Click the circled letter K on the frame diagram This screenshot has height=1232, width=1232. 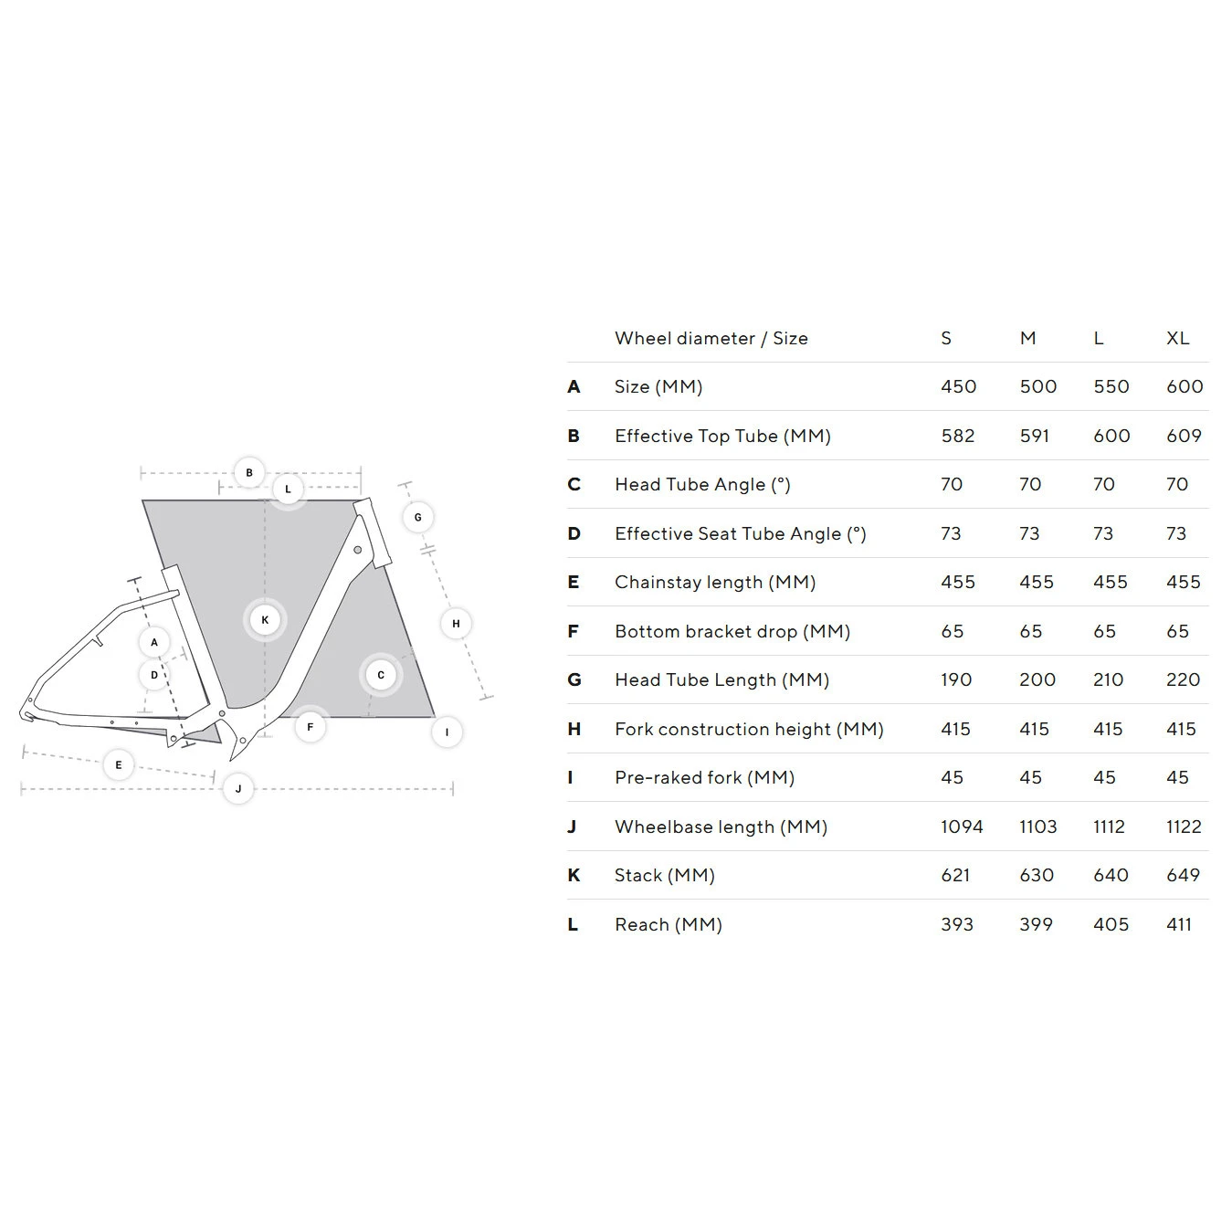(265, 620)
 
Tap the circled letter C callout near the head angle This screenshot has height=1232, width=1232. (381, 676)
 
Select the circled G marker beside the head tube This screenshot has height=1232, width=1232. (418, 518)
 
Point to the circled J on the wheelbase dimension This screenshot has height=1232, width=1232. (238, 789)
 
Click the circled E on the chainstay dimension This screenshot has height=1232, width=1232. (119, 765)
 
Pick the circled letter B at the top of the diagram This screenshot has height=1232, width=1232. (249, 473)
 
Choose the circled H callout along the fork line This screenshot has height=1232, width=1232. (456, 624)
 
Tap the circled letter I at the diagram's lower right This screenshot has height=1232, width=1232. (447, 732)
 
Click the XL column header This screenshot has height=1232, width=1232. (1177, 339)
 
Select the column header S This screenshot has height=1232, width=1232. (946, 339)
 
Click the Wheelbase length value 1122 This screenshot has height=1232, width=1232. (1184, 827)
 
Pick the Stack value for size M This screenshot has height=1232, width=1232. (1036, 876)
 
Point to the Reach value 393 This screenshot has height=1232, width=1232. (957, 925)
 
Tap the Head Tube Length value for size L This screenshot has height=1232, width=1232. (1108, 680)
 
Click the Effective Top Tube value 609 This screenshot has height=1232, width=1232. (1184, 437)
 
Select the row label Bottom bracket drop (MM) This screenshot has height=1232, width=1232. (732, 632)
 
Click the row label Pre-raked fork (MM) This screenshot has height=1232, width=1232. (704, 778)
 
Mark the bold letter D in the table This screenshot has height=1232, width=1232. (574, 534)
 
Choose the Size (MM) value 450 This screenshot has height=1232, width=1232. (958, 387)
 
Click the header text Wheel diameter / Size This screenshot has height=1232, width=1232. (711, 339)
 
